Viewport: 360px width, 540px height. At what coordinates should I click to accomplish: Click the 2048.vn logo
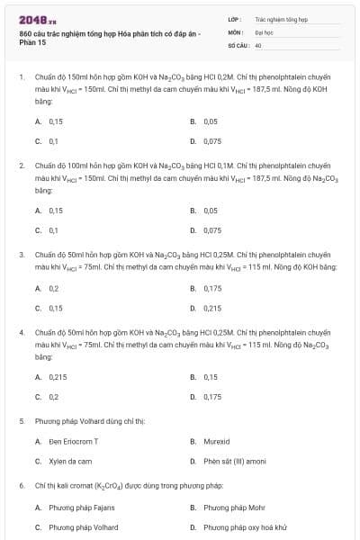coord(32,19)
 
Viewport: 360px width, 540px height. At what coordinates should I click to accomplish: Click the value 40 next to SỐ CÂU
coord(258,44)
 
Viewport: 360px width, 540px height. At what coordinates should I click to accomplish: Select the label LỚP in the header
coord(235,18)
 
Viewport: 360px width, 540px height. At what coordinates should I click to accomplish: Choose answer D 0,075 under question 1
coord(212,141)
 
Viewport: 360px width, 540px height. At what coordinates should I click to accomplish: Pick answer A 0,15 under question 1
coord(56,121)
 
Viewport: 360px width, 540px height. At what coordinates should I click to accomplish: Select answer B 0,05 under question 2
coord(211,211)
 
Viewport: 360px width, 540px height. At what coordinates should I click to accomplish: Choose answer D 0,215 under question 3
coord(212,308)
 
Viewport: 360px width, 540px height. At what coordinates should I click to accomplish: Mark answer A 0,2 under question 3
coord(54,288)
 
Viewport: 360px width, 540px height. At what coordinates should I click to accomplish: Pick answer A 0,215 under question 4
coord(58,377)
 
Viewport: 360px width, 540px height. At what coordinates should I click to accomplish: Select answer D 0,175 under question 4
coord(212,397)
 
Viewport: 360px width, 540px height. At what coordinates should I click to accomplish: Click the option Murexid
coord(216,442)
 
